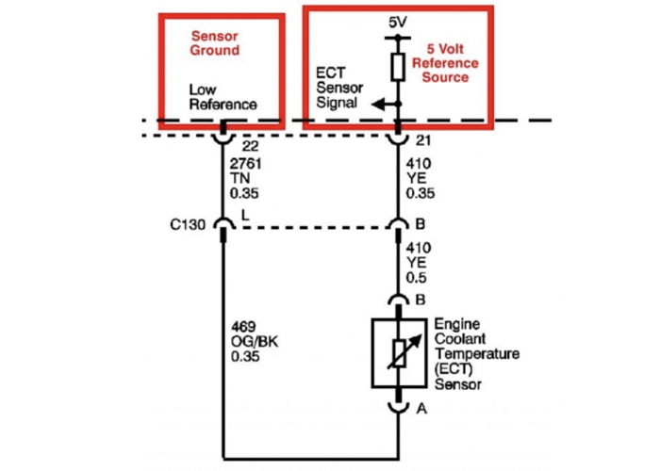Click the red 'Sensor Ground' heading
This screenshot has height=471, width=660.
point(216,41)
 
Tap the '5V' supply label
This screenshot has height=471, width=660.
point(398,22)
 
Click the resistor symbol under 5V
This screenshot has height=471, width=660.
point(398,66)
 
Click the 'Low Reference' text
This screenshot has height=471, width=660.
point(223,98)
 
